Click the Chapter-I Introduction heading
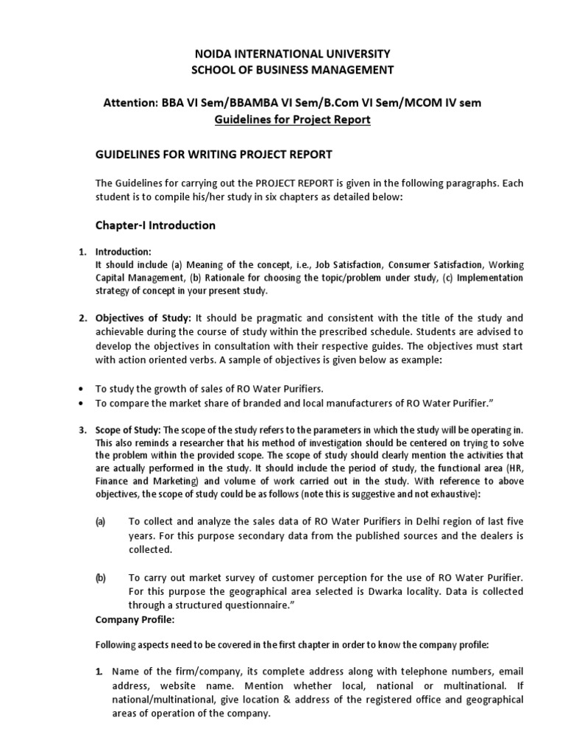(155, 225)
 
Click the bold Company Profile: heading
(135, 620)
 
